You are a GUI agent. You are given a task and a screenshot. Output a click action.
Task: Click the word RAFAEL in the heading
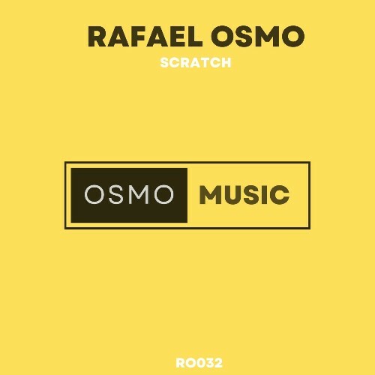point(138,36)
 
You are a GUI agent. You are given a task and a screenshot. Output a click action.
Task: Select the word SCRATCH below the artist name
point(196,63)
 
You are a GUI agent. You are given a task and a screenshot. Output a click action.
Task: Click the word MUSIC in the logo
point(244,194)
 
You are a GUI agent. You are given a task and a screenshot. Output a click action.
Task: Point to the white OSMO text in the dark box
point(130,194)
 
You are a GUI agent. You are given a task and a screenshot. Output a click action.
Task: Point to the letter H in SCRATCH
point(226,63)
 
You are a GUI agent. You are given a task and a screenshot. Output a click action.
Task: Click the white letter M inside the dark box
point(139,194)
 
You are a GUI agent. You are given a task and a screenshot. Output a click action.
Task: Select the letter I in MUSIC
point(265,194)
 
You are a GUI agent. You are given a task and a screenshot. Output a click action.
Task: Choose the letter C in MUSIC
point(279,194)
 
